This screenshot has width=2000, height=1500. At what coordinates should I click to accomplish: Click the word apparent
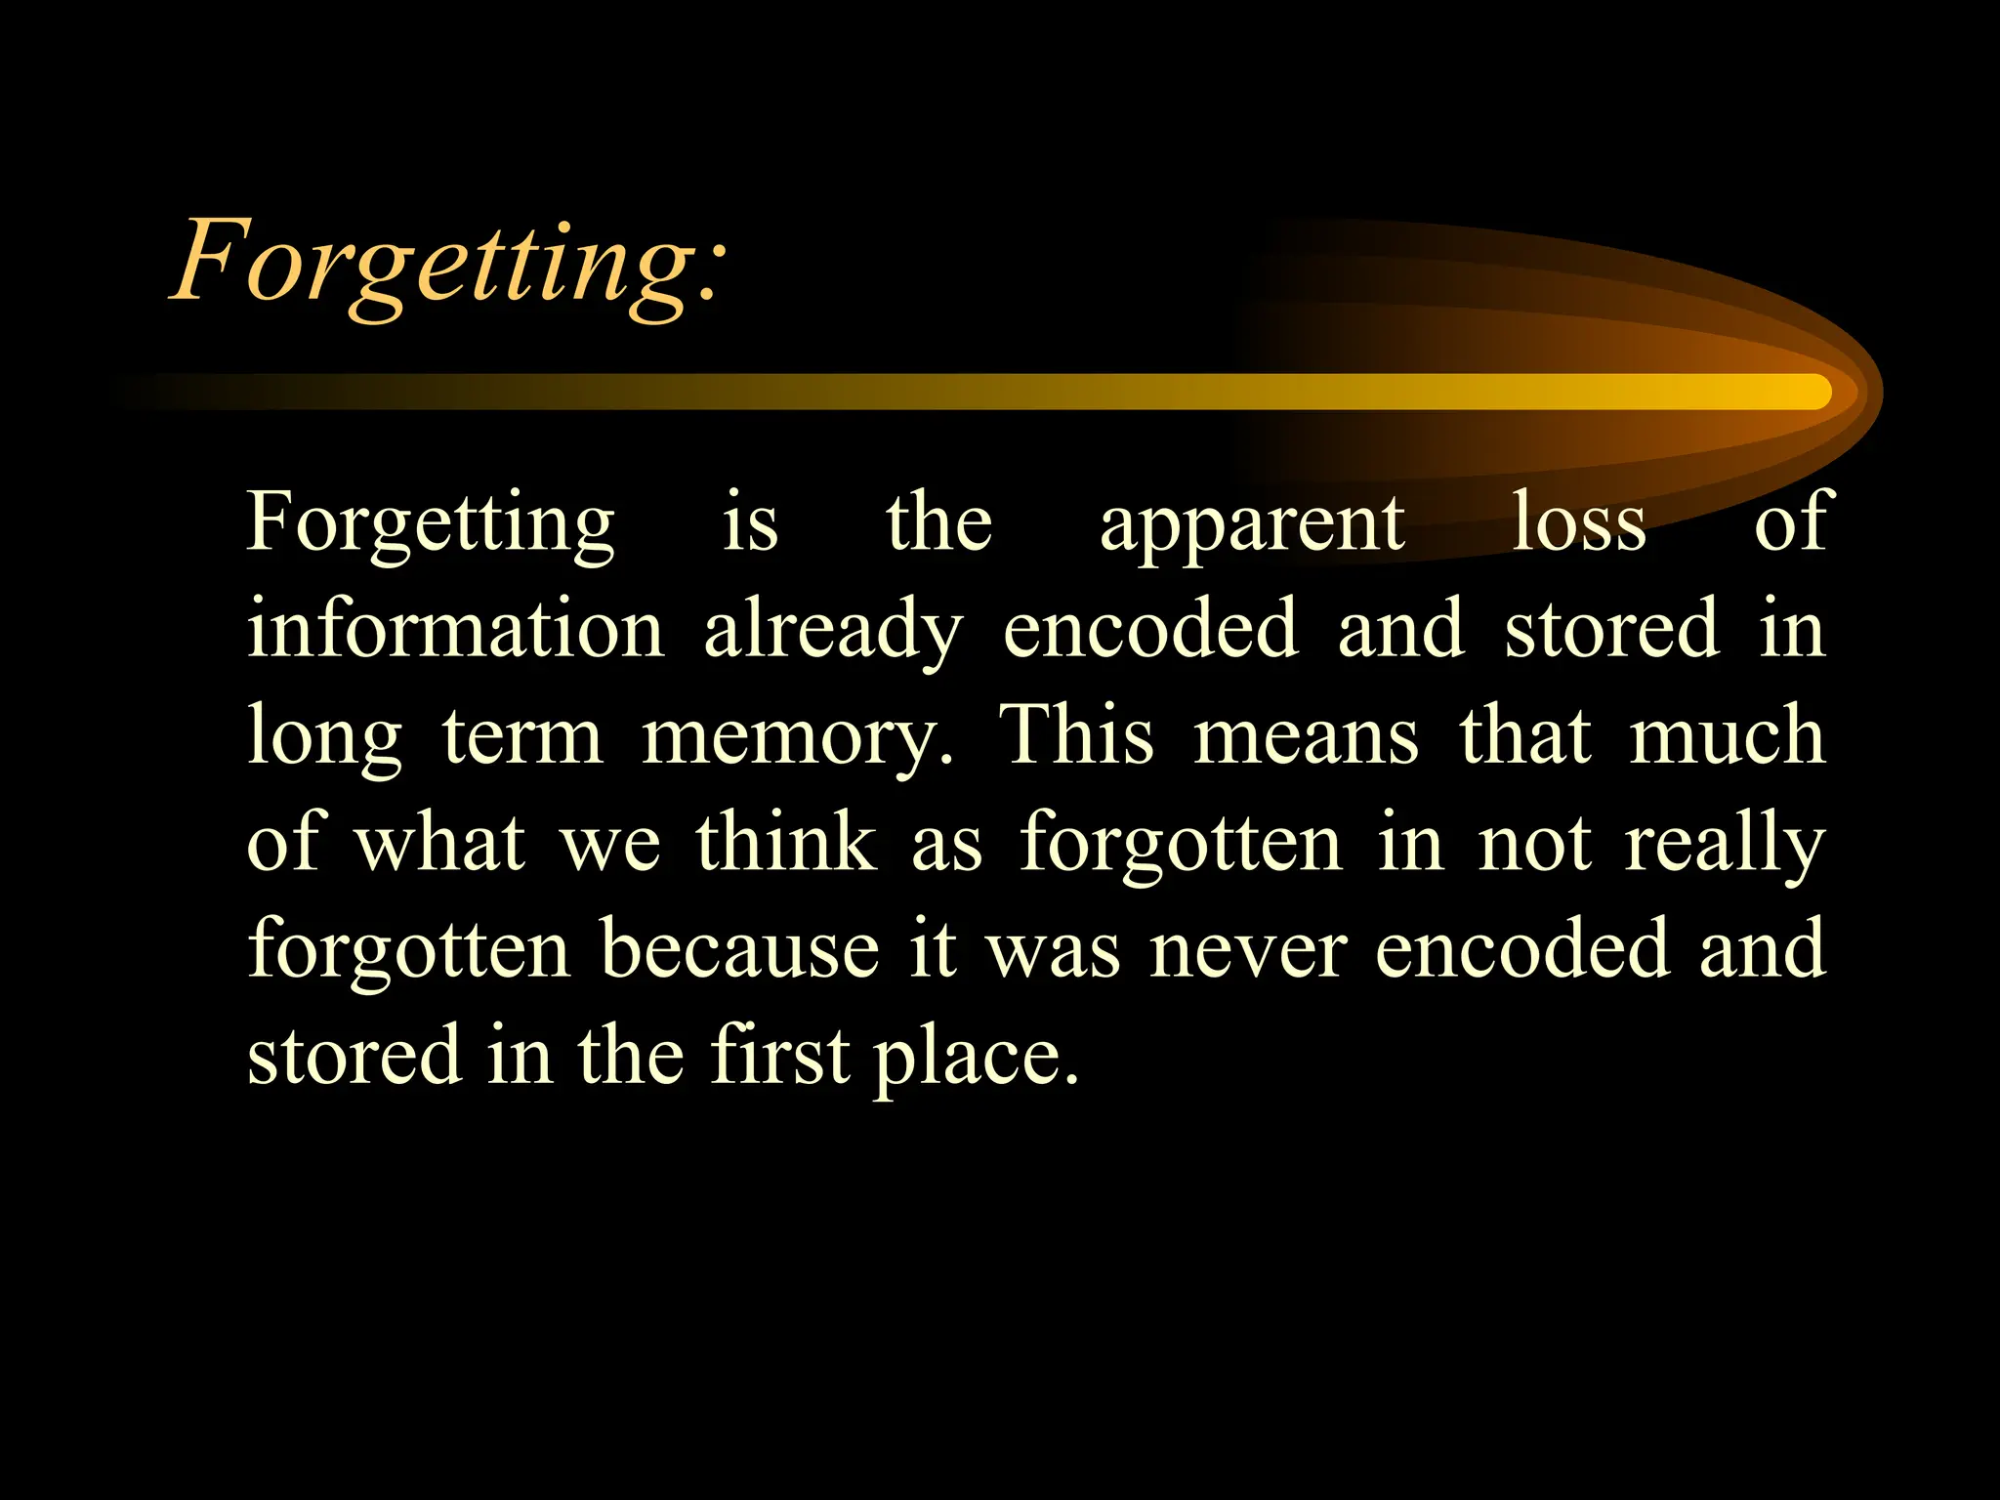pyautogui.click(x=1252, y=524)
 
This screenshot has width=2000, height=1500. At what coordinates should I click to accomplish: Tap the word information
pyautogui.click(x=456, y=629)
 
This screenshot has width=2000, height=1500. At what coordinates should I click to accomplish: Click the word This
pyautogui.click(x=1075, y=734)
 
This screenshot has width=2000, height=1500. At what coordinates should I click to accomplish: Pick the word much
pyautogui.click(x=1727, y=734)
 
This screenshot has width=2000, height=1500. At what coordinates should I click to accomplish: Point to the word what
pyautogui.click(x=439, y=842)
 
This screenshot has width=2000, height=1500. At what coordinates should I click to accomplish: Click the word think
pyautogui.click(x=786, y=842)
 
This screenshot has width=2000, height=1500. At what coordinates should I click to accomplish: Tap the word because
pyautogui.click(x=739, y=949)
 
